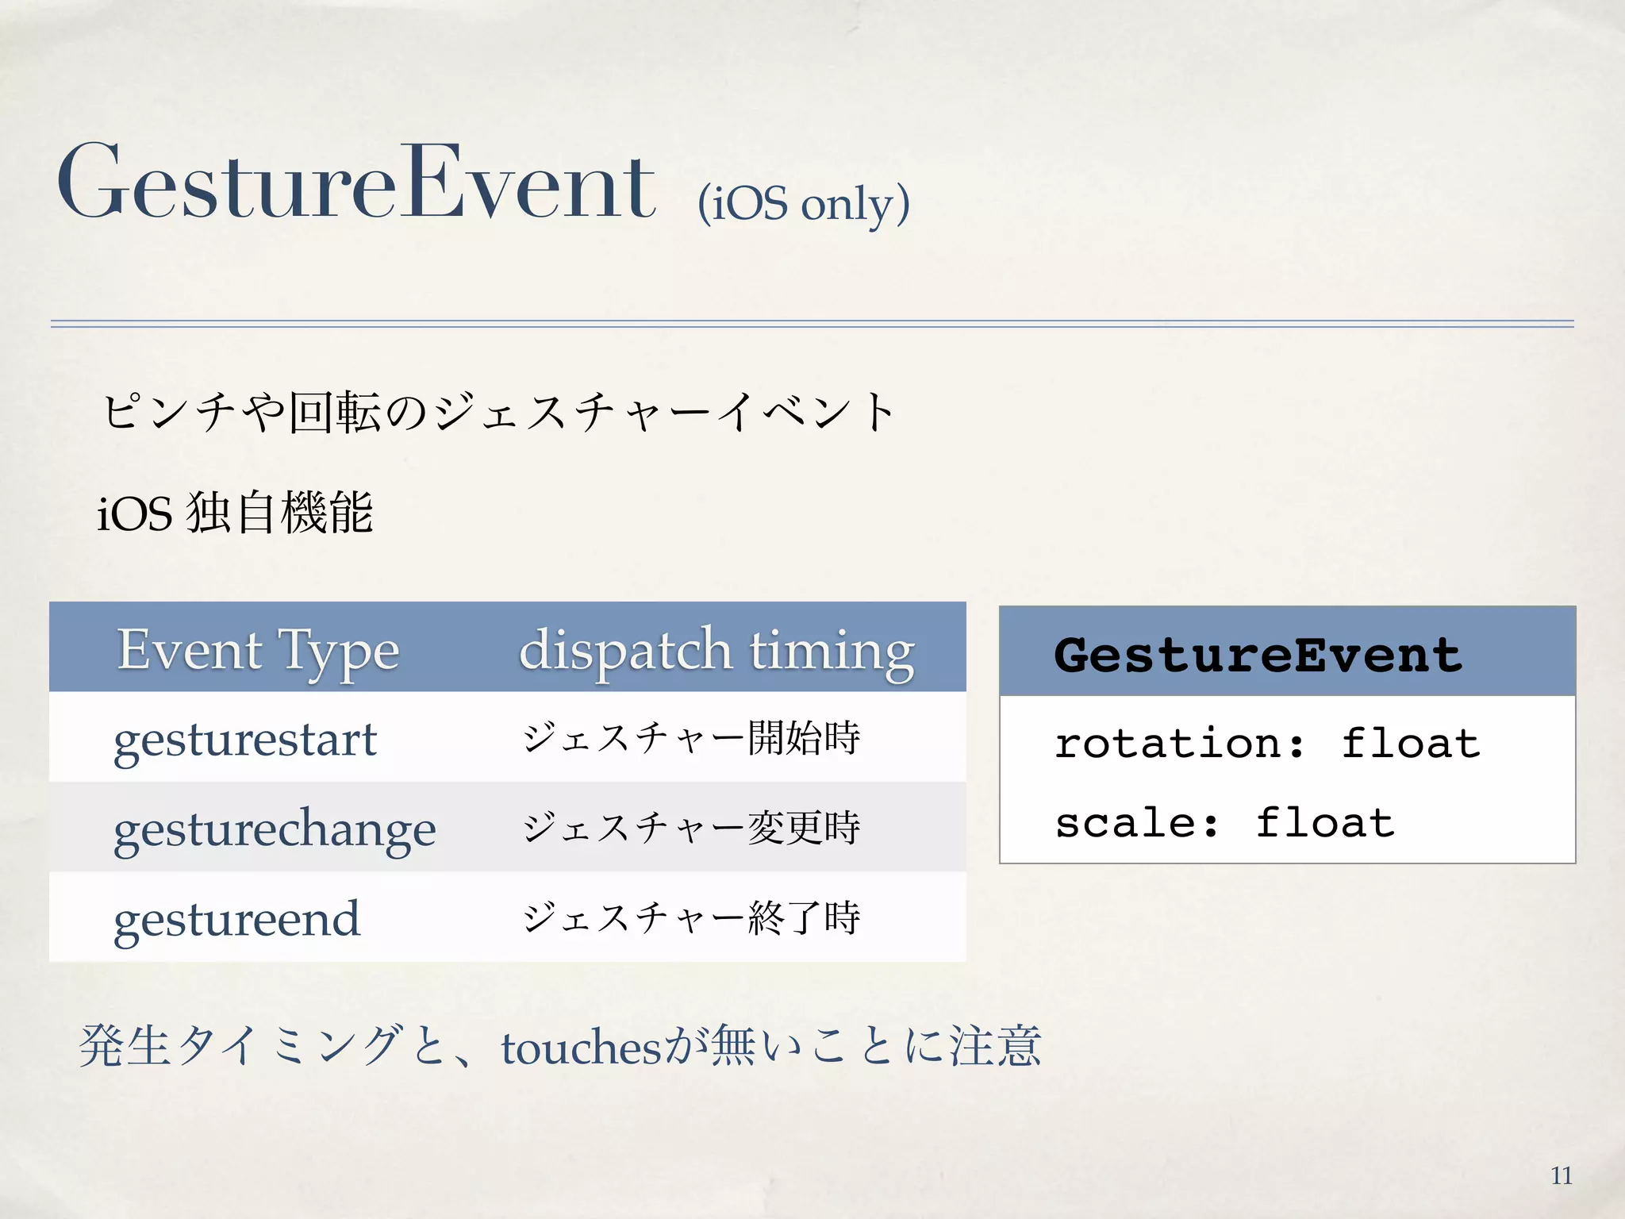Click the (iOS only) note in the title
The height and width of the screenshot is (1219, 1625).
(803, 204)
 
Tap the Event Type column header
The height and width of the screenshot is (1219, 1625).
(258, 650)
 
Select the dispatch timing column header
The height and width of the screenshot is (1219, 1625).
(716, 650)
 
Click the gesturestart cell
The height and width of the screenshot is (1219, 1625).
(244, 740)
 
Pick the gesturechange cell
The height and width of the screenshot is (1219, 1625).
(275, 829)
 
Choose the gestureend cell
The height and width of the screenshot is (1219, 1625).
(236, 919)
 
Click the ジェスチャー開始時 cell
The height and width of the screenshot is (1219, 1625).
(691, 738)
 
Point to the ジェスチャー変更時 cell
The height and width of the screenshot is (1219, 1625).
(691, 828)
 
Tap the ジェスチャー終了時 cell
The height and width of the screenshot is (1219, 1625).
(691, 917)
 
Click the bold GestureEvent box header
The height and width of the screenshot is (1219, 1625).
(1258, 655)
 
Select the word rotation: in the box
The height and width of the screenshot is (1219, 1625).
(1178, 744)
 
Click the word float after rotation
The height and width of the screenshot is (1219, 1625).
(1410, 744)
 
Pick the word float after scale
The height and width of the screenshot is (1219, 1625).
(1324, 822)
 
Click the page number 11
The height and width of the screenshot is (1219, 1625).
(1561, 1175)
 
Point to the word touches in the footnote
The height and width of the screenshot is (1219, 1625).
(581, 1048)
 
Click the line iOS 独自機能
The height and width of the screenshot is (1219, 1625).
(235, 513)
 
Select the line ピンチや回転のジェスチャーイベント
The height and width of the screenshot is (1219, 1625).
(498, 413)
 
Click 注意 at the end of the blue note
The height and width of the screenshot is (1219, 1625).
(995, 1046)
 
